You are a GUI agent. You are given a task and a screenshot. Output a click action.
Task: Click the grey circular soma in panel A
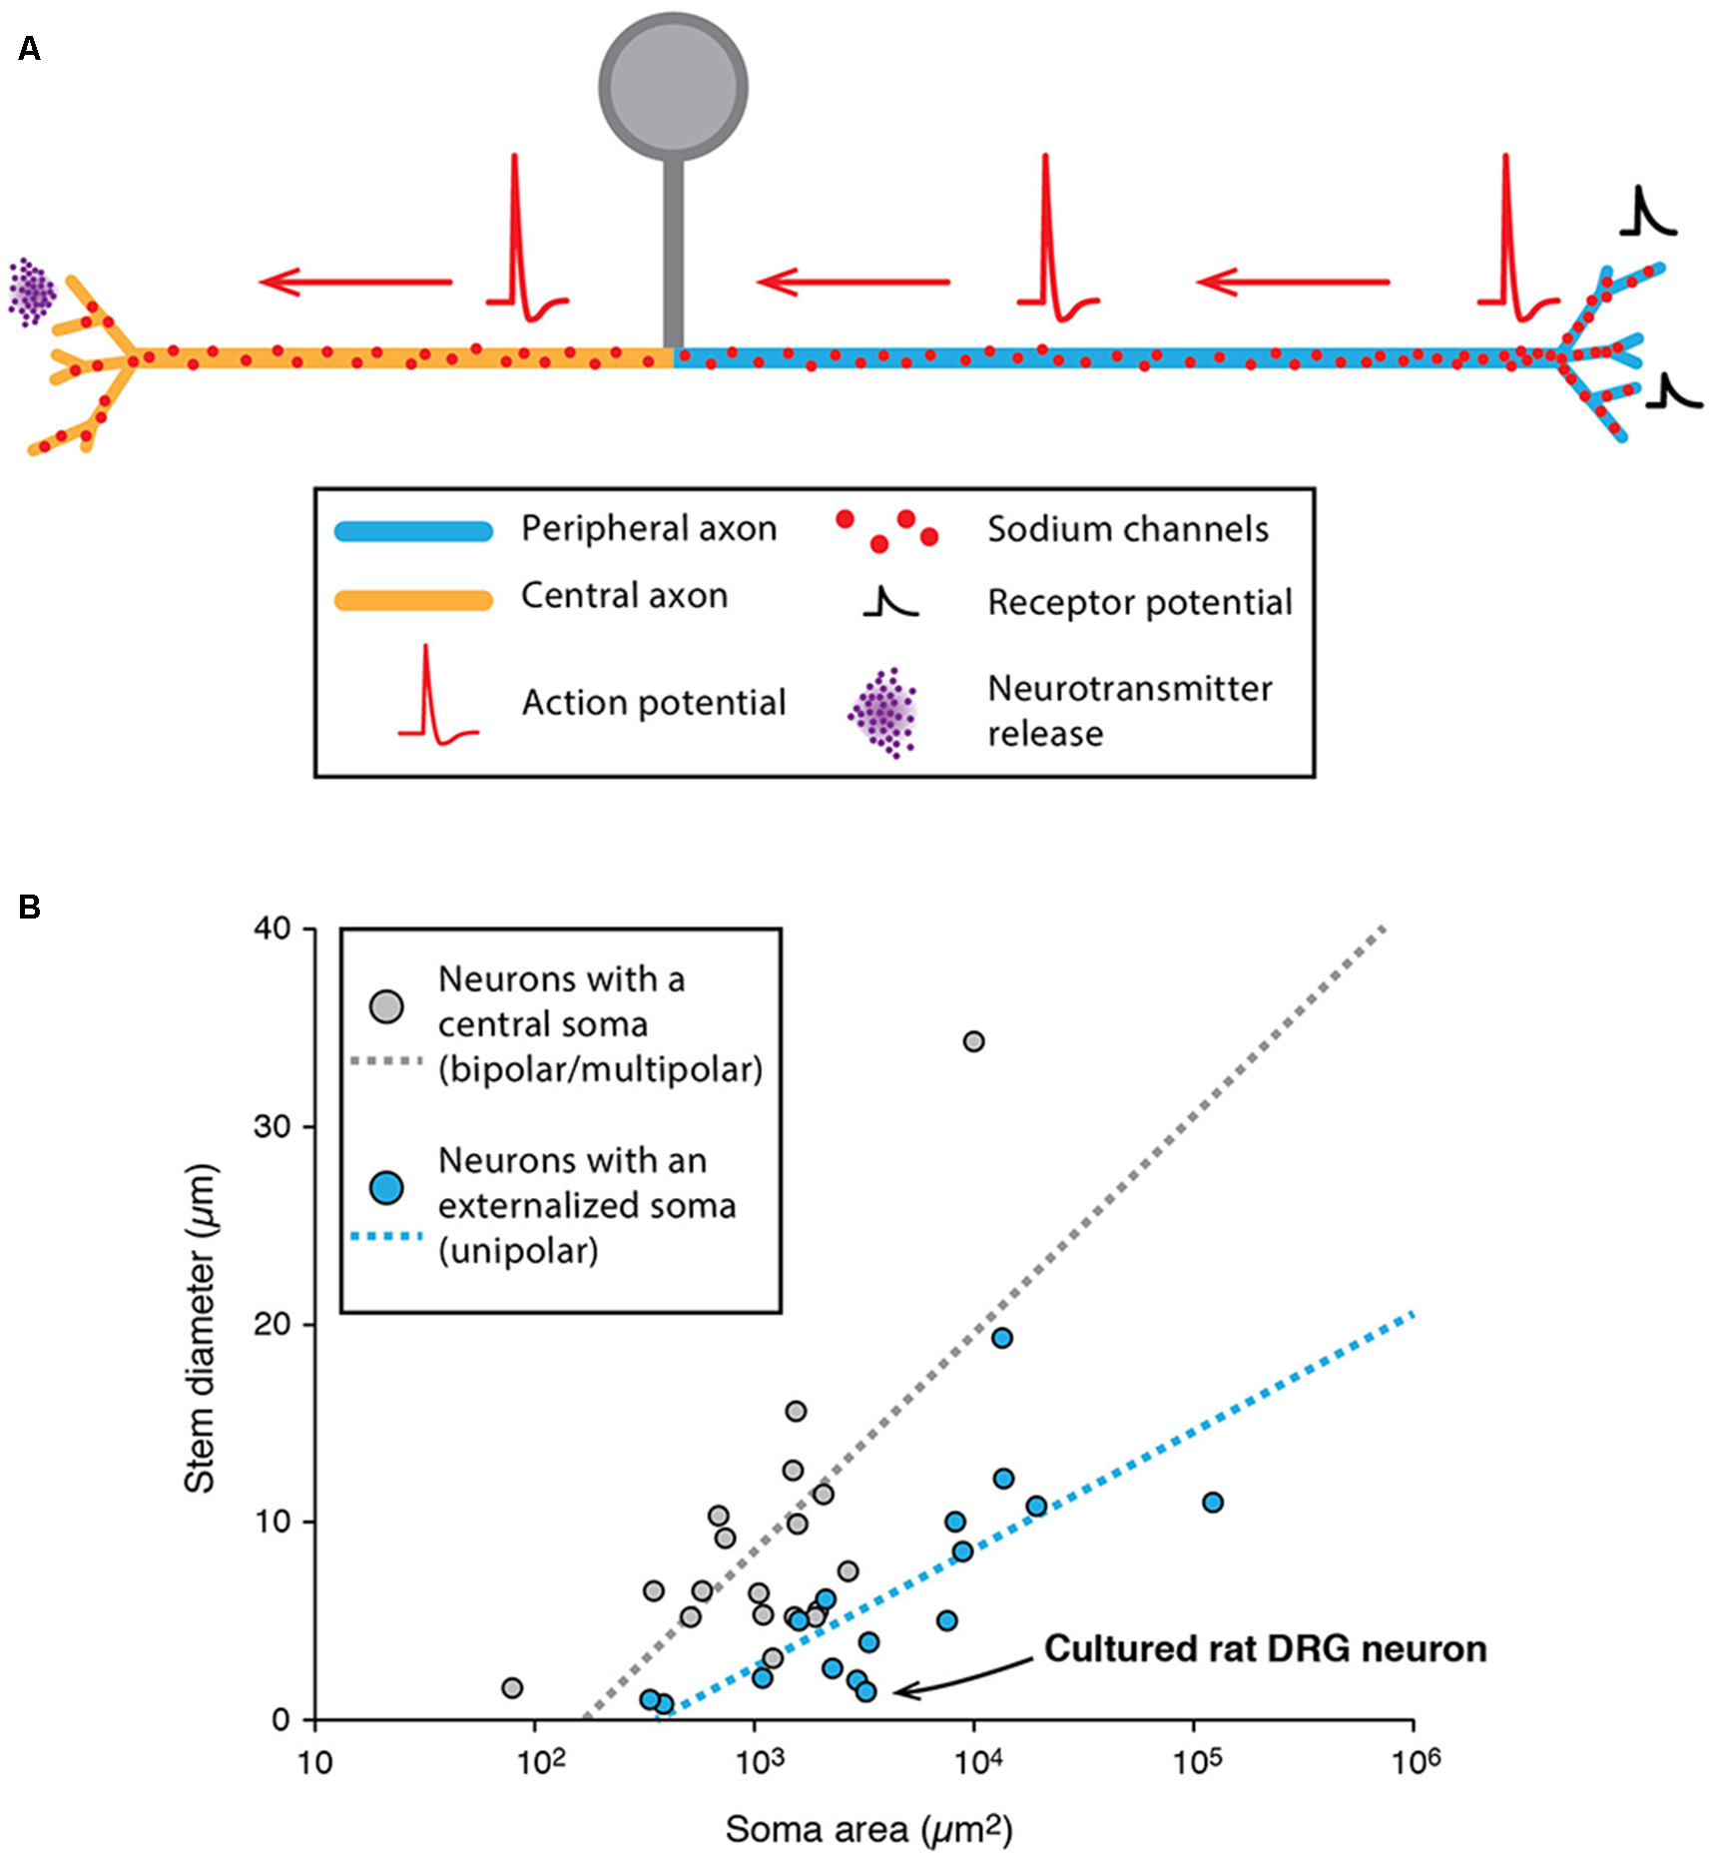tap(673, 86)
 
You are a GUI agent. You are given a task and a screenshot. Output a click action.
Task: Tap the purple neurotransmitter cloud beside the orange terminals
tap(33, 292)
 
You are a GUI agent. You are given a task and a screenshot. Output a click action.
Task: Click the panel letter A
tap(29, 48)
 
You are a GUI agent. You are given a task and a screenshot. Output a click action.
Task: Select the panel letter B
tap(29, 907)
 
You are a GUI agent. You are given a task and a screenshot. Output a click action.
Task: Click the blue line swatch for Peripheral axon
tap(413, 530)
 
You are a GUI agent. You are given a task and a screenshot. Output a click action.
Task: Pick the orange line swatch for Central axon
tap(413, 599)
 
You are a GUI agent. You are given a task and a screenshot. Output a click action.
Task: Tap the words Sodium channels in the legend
tap(1128, 529)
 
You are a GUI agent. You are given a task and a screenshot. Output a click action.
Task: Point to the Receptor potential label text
tap(1139, 602)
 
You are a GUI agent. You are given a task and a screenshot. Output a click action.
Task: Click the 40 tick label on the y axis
tap(272, 928)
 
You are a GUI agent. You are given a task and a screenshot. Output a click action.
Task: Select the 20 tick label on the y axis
tap(272, 1324)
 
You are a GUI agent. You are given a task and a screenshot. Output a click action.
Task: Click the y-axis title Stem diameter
tap(201, 1328)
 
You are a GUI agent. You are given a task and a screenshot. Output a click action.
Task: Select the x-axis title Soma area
tap(868, 1829)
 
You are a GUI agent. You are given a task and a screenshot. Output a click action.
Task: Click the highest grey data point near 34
tap(973, 1041)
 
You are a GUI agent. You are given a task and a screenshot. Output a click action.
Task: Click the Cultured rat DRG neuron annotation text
tap(1265, 1648)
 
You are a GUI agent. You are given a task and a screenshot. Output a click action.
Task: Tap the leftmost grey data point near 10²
tap(512, 1688)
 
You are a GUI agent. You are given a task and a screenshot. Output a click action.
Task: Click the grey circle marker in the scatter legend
tap(386, 1006)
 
